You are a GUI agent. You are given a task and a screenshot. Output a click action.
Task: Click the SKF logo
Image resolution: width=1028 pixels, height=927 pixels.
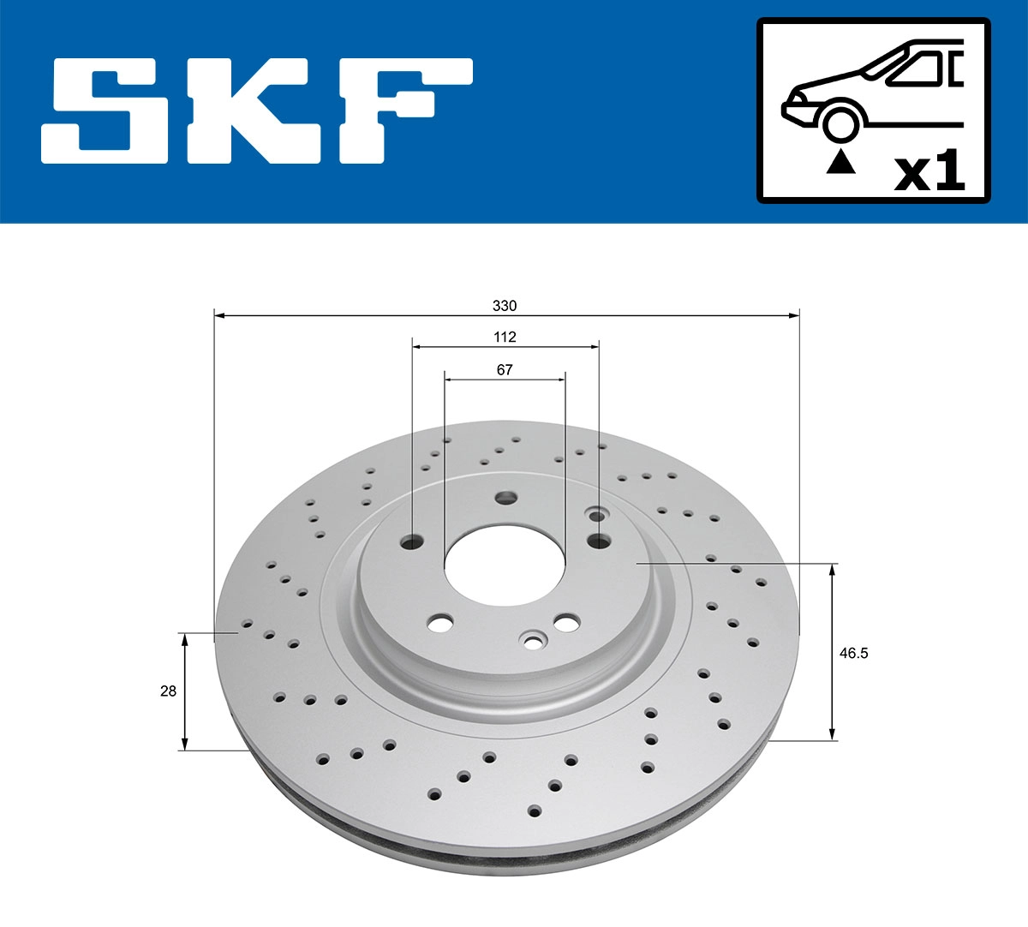[257, 111]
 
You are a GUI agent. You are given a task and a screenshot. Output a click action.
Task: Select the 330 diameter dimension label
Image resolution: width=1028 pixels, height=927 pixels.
[505, 305]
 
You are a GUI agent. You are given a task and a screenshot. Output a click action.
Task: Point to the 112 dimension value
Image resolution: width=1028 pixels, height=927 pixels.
[505, 337]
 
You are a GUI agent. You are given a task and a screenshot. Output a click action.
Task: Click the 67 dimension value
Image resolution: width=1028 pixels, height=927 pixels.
[505, 369]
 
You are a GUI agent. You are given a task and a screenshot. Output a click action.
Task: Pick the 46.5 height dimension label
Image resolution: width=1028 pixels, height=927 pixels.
[853, 653]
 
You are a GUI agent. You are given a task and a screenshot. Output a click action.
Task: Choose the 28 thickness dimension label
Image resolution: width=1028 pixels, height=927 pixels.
[168, 691]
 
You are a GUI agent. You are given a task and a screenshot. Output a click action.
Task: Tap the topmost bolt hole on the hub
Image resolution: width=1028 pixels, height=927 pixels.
[505, 497]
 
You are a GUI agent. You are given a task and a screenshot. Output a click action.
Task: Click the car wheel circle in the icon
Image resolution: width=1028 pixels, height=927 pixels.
[840, 122]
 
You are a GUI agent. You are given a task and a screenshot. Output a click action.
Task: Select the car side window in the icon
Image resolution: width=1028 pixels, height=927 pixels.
[917, 69]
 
